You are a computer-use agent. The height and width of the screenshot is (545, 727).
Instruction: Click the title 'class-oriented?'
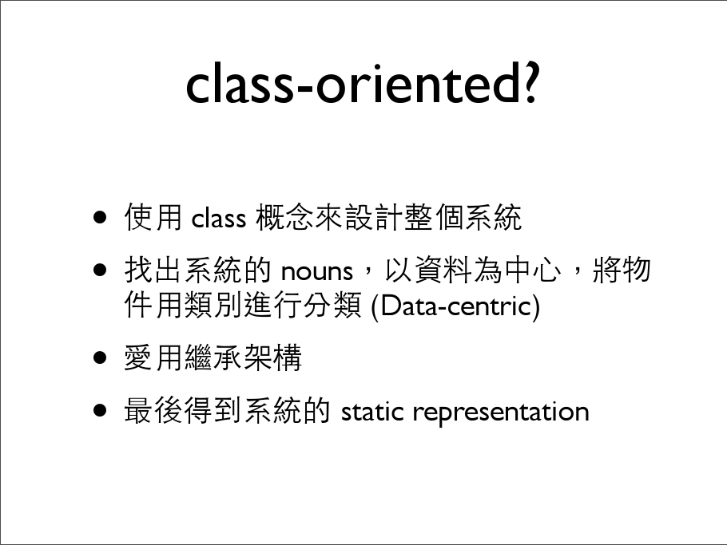[362, 85]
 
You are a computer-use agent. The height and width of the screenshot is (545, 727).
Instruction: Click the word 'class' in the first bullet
[218, 218]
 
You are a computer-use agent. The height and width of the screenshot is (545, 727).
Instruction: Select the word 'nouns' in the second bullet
[317, 271]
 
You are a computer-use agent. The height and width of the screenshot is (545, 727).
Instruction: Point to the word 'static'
[372, 411]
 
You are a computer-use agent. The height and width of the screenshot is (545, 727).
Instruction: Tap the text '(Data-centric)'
[455, 306]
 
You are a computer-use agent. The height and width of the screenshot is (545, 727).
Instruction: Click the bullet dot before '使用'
[100, 217]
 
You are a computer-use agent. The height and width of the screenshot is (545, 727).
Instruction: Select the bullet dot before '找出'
[100, 270]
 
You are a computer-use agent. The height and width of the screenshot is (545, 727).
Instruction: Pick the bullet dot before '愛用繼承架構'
[100, 357]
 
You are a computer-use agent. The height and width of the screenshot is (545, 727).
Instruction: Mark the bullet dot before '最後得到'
[100, 410]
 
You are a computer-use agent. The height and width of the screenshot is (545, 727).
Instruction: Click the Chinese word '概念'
[284, 217]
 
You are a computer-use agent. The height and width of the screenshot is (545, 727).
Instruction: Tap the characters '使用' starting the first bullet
[153, 217]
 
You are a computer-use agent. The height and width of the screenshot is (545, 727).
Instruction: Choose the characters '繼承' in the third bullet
[213, 357]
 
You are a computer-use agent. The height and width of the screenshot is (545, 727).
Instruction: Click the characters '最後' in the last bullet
[153, 410]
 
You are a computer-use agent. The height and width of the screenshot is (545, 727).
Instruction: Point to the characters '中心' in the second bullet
[533, 270]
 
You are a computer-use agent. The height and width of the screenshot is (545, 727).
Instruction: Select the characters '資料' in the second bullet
[443, 270]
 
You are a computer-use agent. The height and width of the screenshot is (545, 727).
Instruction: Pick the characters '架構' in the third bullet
[272, 357]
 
